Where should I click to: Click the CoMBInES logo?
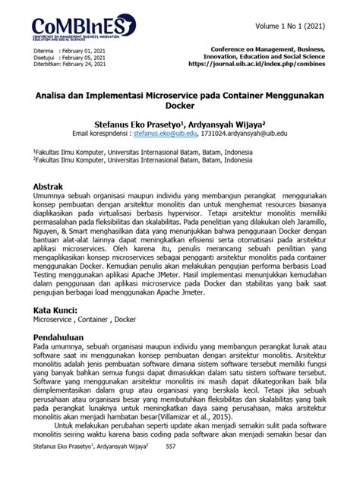[84, 28]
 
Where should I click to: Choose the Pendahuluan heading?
[62, 334]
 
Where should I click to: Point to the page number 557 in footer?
[171, 469]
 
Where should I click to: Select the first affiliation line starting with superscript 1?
[144, 153]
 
